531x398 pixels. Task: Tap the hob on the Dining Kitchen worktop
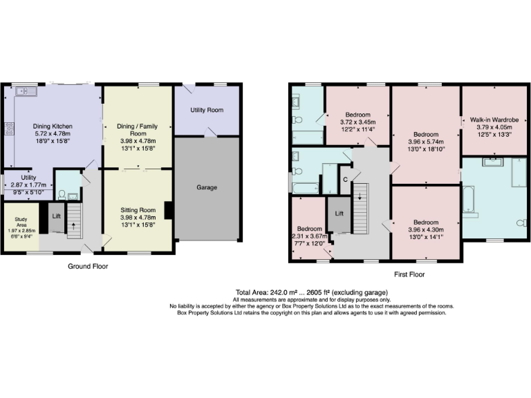10,128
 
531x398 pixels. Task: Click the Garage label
207,187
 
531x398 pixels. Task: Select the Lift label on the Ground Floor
56,216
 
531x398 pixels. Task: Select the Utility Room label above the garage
207,110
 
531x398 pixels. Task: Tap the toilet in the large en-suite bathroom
523,222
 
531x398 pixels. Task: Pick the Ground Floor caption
86,265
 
